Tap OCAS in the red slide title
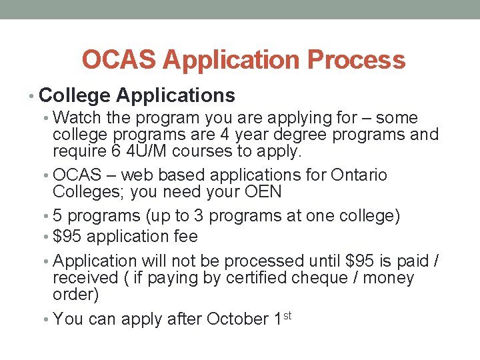click(x=117, y=60)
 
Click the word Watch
click(x=75, y=118)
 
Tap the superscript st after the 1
click(x=288, y=315)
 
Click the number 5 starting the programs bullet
click(x=57, y=217)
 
